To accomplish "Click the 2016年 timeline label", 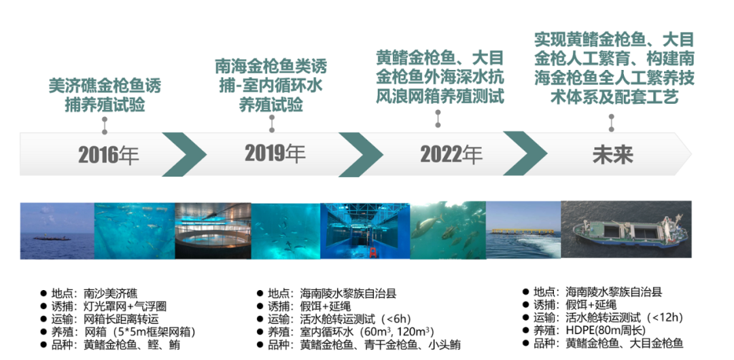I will (109, 155).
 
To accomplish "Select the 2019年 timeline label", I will (275, 153).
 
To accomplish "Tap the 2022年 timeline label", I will (451, 154).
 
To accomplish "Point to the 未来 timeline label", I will (612, 154).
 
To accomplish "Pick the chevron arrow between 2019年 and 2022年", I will (360, 154).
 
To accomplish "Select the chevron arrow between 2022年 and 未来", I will (525, 154).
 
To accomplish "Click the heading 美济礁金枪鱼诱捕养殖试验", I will (105, 96).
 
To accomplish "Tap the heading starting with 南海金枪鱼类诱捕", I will (271, 86).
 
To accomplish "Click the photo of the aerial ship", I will (626, 230).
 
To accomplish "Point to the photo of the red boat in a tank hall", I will (365, 230).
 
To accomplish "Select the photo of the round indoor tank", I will (213, 230).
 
